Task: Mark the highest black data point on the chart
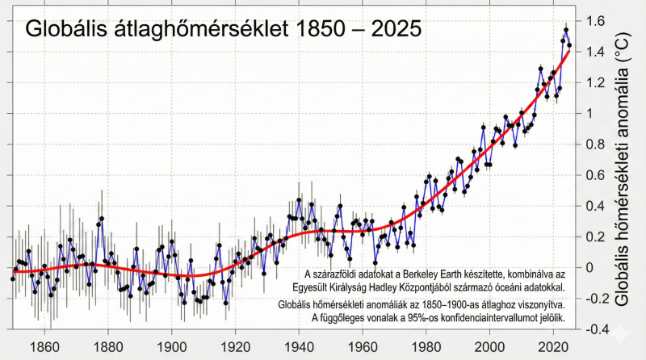coord(566,30)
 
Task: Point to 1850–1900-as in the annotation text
coord(451,305)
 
